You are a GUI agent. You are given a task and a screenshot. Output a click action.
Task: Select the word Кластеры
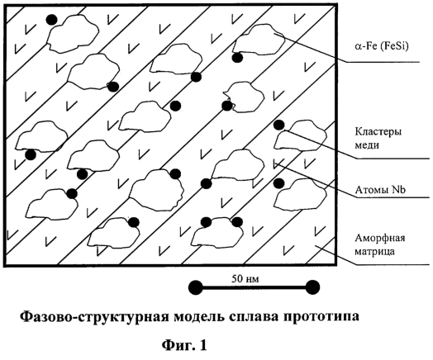(x=378, y=131)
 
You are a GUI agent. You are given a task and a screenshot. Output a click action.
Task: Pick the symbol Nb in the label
(x=398, y=190)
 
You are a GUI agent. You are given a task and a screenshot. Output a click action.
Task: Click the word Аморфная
(x=380, y=238)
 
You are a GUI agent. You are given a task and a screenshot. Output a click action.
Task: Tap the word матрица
(x=374, y=252)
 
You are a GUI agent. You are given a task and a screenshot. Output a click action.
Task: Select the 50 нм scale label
(x=245, y=279)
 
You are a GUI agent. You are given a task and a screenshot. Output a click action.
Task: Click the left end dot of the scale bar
(x=196, y=287)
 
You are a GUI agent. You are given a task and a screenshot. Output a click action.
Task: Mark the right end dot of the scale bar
(x=312, y=287)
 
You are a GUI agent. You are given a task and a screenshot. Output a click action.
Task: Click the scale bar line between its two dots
(x=254, y=287)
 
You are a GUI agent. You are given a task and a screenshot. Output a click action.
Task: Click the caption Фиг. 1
(x=184, y=345)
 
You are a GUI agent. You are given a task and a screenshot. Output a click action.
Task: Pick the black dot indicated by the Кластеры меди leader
(x=278, y=125)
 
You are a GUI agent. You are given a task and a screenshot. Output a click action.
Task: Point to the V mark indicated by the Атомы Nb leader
(x=278, y=163)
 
